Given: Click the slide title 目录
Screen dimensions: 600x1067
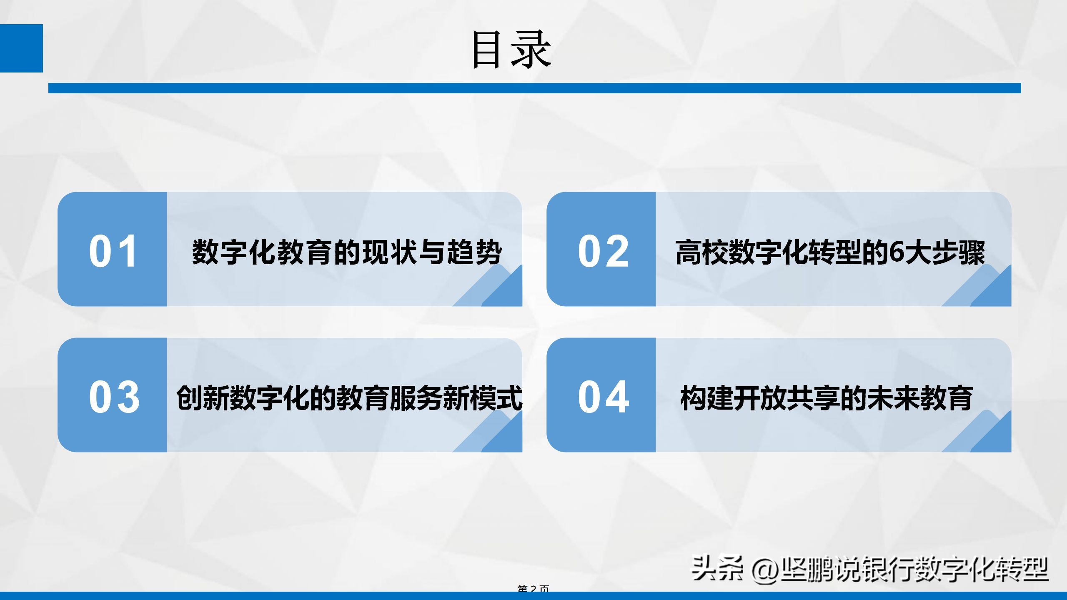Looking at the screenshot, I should tap(511, 50).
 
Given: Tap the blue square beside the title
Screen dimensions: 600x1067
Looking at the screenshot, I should tap(21, 48).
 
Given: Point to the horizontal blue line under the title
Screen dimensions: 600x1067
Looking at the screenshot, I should tap(534, 88).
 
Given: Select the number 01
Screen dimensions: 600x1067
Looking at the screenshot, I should tap(113, 251).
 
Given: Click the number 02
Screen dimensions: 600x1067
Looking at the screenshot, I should tap(603, 251).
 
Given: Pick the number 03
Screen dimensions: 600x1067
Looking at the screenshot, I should tap(114, 397).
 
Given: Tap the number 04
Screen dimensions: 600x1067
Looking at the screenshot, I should tap(603, 397).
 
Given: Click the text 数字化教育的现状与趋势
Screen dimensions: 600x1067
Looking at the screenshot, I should tap(347, 252).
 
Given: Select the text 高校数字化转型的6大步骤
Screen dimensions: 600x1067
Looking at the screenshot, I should tap(830, 252).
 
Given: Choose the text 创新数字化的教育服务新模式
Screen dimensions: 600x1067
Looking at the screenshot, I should tap(349, 398).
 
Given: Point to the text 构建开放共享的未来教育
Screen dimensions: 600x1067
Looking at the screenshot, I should tap(826, 398).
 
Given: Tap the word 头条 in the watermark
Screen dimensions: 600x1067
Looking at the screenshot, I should tap(717, 568).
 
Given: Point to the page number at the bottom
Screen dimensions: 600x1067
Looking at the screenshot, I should tap(533, 588).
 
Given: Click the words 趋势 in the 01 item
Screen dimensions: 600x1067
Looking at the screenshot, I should tap(474, 252).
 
